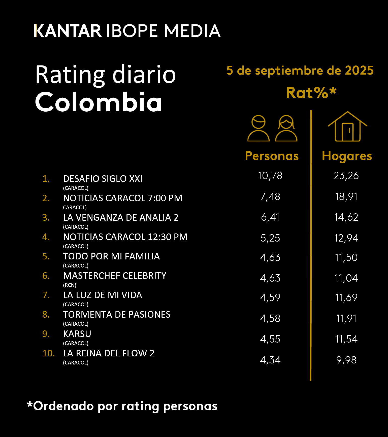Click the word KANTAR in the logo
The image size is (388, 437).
[68, 31]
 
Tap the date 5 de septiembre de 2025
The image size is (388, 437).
[300, 70]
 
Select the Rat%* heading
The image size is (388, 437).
[311, 93]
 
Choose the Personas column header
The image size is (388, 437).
[272, 156]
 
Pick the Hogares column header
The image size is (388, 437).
[347, 156]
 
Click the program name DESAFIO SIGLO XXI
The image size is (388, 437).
[103, 179]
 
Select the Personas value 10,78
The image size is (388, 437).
[270, 176]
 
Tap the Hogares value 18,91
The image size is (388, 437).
[346, 196]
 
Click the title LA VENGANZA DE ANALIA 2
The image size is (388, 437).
[121, 217]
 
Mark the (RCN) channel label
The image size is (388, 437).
[70, 285]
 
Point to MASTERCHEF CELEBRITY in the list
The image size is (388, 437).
[115, 276]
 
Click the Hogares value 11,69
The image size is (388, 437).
[346, 297]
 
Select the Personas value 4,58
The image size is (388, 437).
[270, 318]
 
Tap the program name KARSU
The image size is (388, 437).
[77, 334]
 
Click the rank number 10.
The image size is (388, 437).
[48, 353]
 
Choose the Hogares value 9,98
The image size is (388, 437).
[346, 360]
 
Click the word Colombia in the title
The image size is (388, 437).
[99, 102]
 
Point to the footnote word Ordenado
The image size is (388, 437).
[63, 406]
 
